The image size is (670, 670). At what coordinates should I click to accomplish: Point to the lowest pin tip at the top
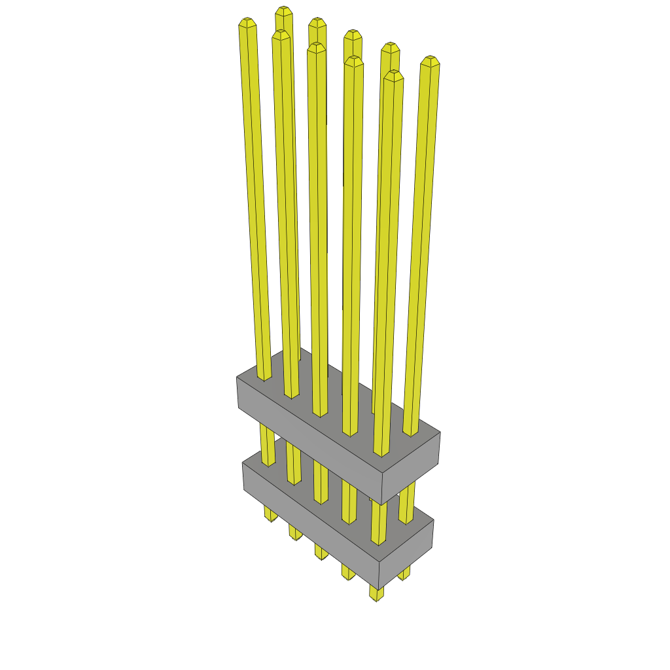tap(393, 75)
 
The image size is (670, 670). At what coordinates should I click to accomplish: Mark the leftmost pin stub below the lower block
tap(270, 514)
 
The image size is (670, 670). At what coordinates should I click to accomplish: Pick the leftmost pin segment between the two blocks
tap(268, 445)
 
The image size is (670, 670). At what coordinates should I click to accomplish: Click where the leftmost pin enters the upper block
tap(264, 377)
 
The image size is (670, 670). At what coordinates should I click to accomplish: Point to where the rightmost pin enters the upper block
tap(410, 432)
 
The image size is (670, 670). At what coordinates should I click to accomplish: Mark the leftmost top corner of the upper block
tap(236, 378)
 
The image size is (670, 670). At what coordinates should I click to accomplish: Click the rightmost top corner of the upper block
tap(440, 432)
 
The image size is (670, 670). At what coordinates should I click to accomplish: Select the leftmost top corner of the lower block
tap(243, 463)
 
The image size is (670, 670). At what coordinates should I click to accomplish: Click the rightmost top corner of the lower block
tap(433, 521)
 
